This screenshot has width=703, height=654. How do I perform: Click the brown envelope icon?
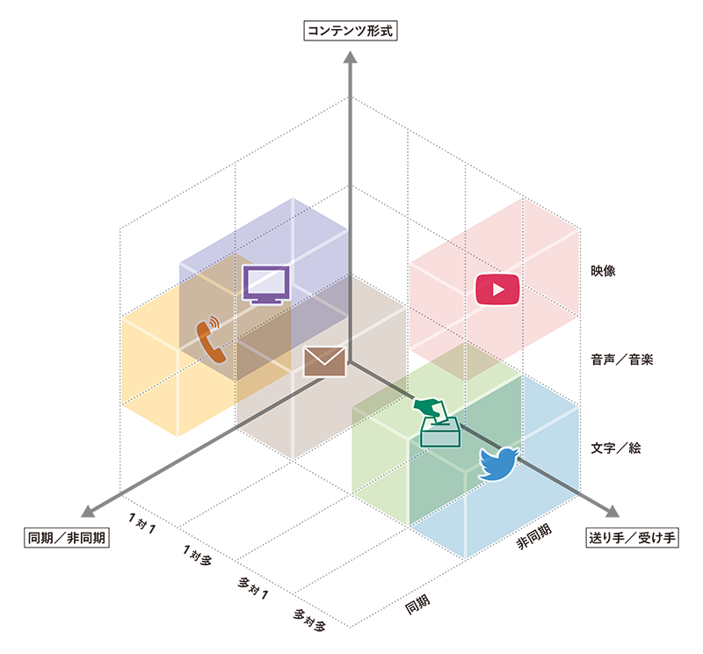(x=324, y=361)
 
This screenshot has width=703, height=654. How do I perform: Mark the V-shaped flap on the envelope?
(x=324, y=356)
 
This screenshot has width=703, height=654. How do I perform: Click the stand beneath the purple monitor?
(x=266, y=301)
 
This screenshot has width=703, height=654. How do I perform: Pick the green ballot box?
(x=440, y=433)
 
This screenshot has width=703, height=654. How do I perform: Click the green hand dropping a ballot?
(x=430, y=407)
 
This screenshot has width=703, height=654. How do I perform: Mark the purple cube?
(x=308, y=237)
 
